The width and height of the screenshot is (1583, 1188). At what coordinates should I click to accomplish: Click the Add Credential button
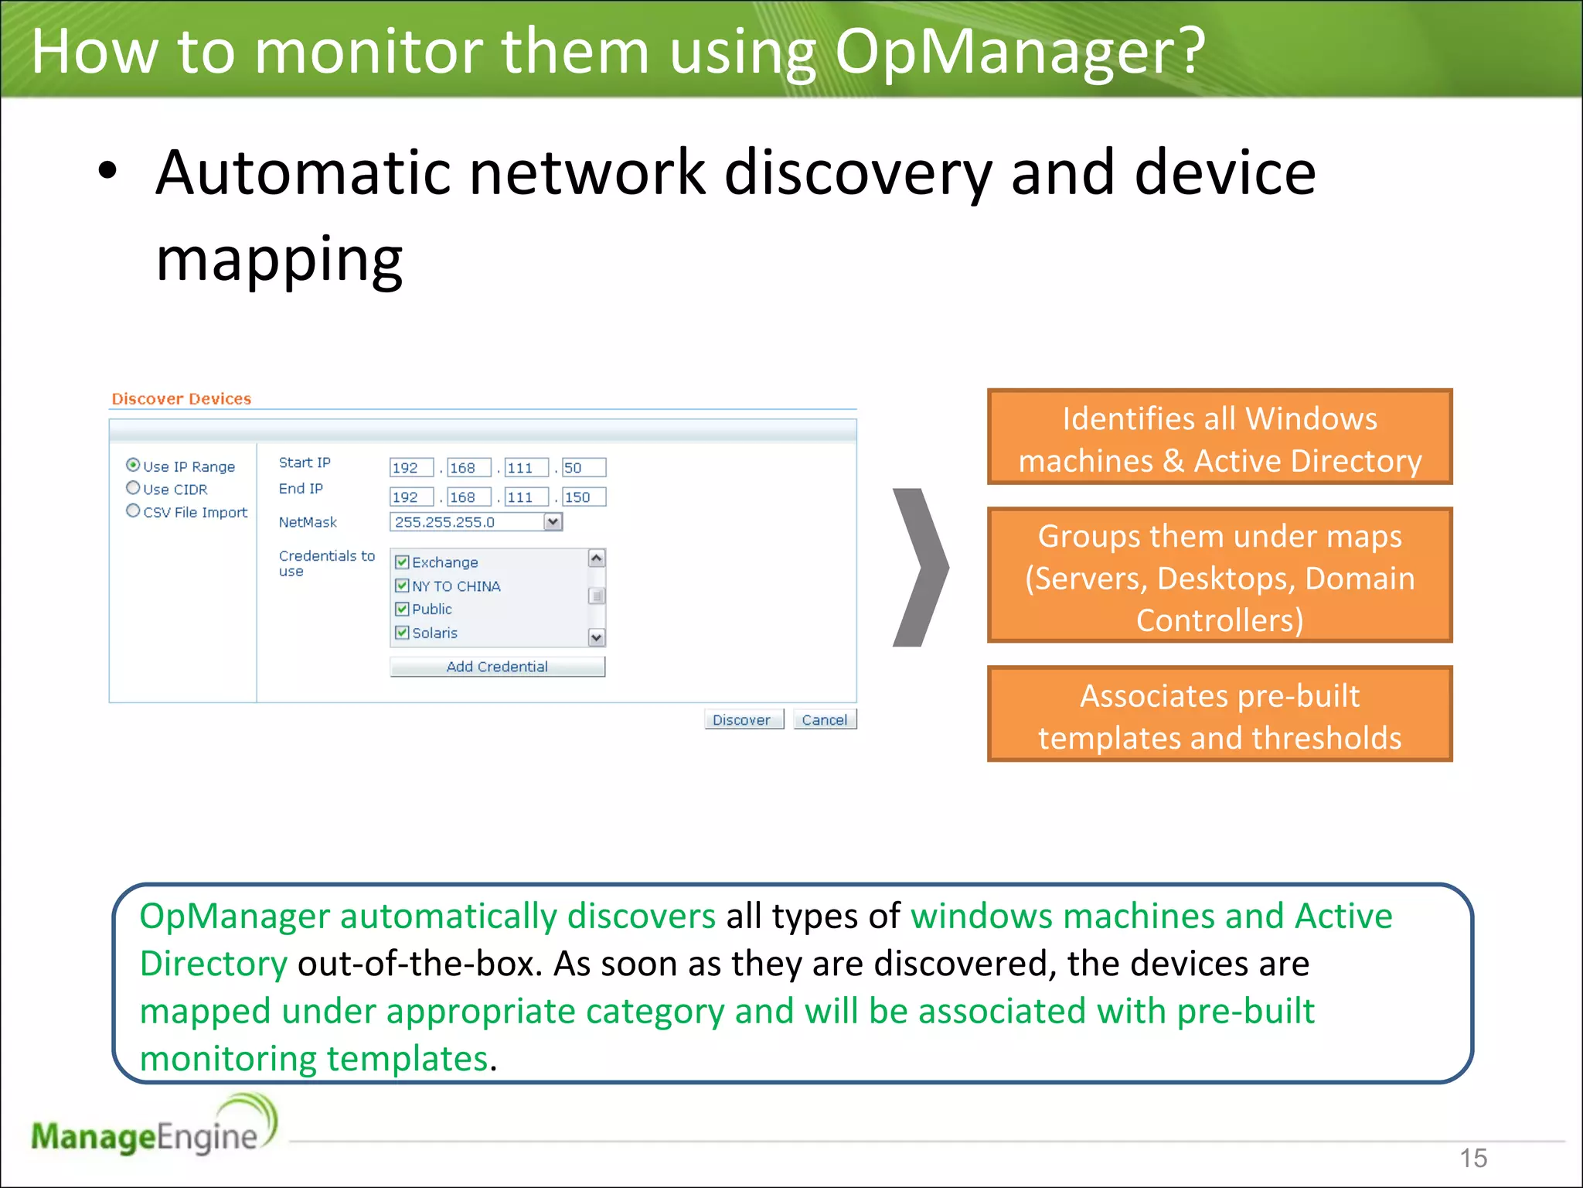tap(497, 667)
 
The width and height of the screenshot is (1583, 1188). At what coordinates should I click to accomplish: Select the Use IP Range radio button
tap(133, 465)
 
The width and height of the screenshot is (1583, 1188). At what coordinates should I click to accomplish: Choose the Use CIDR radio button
tap(133, 488)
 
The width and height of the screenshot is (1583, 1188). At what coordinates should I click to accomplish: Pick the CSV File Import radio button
tap(133, 510)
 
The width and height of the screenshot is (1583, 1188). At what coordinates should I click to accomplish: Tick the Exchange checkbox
tap(402, 562)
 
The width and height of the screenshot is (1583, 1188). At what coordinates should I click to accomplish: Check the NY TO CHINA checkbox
tap(402, 585)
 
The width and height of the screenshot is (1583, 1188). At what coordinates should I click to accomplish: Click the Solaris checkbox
tap(402, 633)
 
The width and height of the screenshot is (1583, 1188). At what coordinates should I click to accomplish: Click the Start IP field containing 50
tap(584, 468)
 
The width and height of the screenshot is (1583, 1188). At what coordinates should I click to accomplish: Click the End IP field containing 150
tap(584, 497)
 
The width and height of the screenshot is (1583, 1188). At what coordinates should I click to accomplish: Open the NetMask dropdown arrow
tap(553, 522)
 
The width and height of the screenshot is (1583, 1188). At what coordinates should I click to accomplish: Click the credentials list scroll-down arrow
tap(597, 637)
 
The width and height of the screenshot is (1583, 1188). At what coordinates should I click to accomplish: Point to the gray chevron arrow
tap(920, 567)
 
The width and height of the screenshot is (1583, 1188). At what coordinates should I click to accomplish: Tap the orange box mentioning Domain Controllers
tap(1219, 575)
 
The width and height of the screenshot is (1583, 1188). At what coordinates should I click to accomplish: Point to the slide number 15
tap(1472, 1158)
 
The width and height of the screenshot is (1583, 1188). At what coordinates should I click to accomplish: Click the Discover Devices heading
tap(182, 399)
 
